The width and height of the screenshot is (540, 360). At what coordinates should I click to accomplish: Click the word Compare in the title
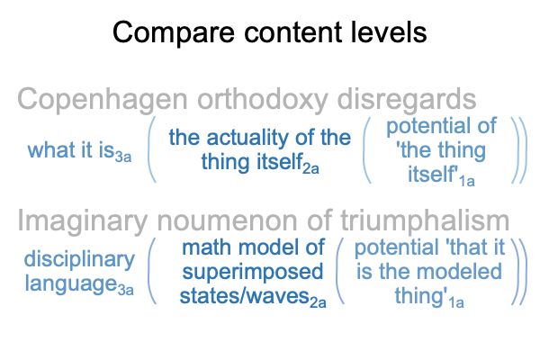(174, 33)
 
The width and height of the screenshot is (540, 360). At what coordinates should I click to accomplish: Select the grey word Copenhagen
(103, 100)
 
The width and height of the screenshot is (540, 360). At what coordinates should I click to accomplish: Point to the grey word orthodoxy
(262, 100)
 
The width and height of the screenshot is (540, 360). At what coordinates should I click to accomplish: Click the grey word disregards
(407, 100)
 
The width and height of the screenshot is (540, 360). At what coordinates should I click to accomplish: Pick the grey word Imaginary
(83, 222)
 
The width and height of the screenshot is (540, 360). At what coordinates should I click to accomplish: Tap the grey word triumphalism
(425, 222)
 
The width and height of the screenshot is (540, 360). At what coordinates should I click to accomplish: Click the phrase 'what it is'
(71, 150)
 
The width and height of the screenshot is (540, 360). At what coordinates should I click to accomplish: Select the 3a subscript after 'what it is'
(123, 157)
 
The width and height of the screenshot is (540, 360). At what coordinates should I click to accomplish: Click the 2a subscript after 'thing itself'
(311, 169)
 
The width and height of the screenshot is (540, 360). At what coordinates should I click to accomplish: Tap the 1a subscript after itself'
(466, 181)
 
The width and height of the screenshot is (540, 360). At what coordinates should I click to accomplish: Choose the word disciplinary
(79, 260)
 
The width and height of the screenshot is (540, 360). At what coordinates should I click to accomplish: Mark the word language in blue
(70, 284)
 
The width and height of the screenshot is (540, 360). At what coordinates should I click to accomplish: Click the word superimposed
(253, 272)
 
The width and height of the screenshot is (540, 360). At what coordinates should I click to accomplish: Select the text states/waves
(245, 296)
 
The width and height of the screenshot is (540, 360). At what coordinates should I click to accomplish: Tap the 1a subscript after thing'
(456, 302)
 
